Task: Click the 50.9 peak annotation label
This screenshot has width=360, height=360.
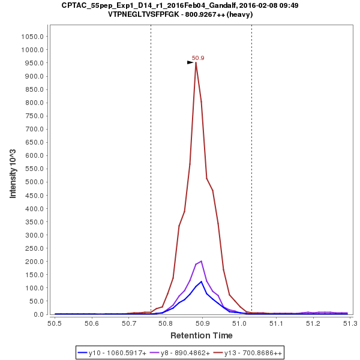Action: point(198,58)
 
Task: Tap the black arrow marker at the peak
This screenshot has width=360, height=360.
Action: point(190,62)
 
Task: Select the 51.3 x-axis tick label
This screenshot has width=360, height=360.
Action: point(350,324)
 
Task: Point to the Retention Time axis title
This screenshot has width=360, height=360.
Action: point(201,335)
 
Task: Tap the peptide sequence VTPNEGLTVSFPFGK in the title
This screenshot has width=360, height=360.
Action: point(137,14)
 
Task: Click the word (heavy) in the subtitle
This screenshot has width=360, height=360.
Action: point(239,14)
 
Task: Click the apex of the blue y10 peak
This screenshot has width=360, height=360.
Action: point(202,281)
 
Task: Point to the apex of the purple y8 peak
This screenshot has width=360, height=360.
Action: point(202,261)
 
